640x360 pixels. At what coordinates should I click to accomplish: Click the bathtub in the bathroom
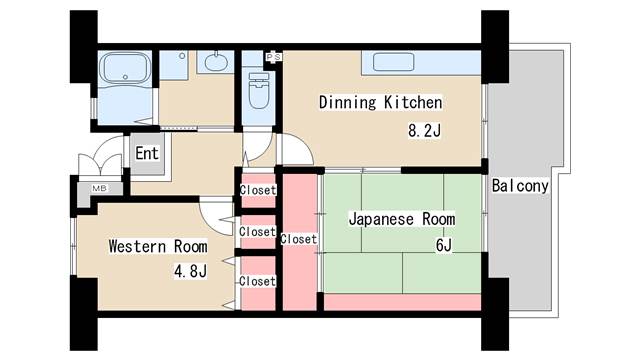coord(125,71)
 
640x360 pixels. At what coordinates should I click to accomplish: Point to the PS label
coord(273,58)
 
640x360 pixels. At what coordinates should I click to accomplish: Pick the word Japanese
coord(383,219)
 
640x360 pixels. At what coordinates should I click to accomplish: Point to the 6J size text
coord(443,245)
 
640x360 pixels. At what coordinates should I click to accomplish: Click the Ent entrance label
coord(147,154)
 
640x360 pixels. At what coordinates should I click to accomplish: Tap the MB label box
coord(100,188)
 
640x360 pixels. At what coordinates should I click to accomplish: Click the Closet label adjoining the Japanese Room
coord(298,239)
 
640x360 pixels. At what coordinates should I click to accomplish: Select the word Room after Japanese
coord(438,219)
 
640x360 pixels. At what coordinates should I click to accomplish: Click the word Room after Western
coord(190,246)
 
